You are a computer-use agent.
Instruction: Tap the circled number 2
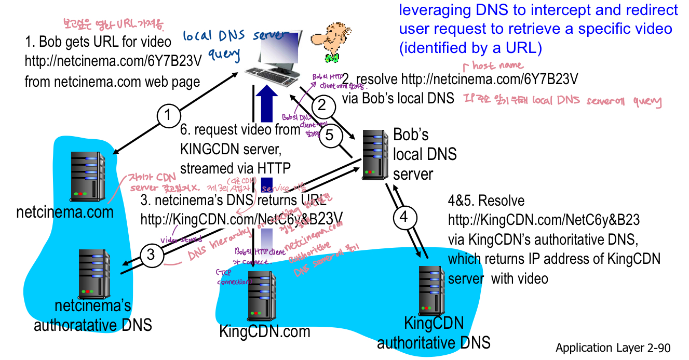tap(322, 106)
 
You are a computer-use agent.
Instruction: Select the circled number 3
tap(151, 254)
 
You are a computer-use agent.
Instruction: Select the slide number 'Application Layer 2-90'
tap(613, 348)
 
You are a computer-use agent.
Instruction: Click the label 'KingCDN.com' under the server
tap(264, 331)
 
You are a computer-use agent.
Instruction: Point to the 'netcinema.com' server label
tap(65, 212)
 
